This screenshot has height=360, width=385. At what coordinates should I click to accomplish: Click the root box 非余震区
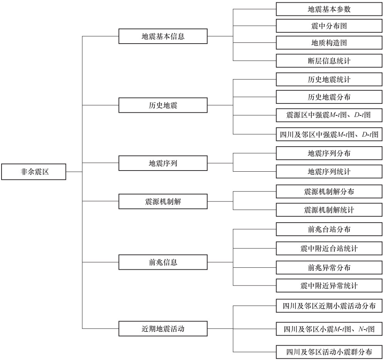[x=34, y=172]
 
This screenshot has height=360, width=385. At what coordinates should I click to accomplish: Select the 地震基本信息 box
[x=163, y=36]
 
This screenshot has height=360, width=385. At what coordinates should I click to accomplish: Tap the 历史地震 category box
[x=163, y=105]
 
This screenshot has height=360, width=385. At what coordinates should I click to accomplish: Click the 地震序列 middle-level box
[x=163, y=163]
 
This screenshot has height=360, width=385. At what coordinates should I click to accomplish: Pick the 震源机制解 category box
[x=163, y=201]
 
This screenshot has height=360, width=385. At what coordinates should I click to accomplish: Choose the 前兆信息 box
[x=163, y=262]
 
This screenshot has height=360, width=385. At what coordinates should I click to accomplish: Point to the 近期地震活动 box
[x=163, y=329]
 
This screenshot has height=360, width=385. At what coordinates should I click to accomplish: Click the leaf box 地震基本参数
[x=329, y=9]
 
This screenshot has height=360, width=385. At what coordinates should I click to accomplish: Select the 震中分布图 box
[x=329, y=26]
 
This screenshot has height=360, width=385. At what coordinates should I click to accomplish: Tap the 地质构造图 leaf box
[x=329, y=43]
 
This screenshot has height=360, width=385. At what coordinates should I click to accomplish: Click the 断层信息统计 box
[x=329, y=61]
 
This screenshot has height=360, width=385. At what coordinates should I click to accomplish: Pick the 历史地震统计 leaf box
[x=329, y=79]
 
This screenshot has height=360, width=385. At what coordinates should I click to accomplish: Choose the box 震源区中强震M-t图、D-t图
[x=329, y=115]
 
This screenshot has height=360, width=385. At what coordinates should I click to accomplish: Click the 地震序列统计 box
[x=329, y=171]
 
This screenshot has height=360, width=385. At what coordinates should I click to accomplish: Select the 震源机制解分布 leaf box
[x=329, y=191]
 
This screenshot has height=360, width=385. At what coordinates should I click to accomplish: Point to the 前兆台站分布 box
[x=329, y=229]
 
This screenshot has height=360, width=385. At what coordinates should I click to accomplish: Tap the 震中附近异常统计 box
[x=329, y=286]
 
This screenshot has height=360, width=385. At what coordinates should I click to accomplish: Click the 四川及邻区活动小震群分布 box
[x=329, y=352]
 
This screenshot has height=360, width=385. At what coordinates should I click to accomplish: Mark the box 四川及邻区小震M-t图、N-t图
[x=329, y=329]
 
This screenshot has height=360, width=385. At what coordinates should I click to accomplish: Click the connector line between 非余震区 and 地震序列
[x=101, y=162]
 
